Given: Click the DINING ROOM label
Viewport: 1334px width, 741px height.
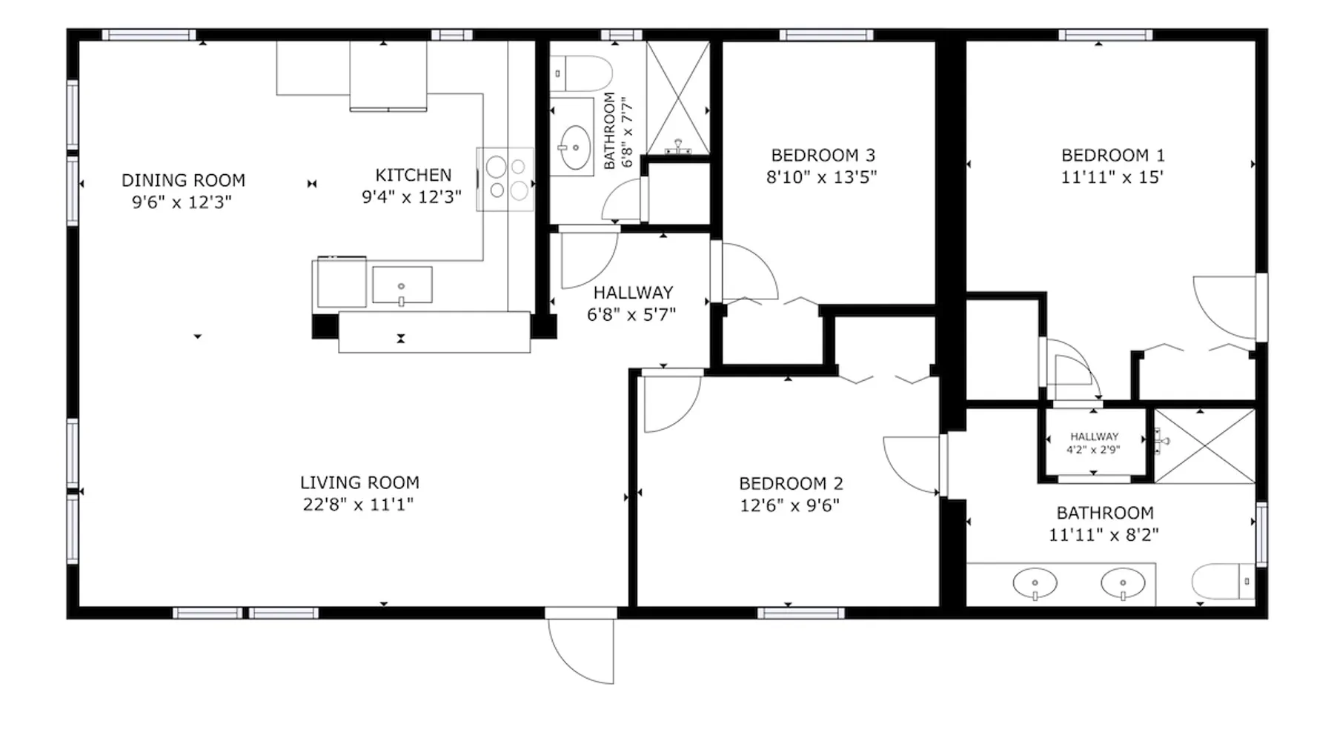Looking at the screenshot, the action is point(183,180).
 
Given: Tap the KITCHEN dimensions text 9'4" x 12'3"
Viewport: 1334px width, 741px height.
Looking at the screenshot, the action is point(411,197).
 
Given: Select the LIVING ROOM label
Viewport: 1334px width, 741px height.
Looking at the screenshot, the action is point(359,482).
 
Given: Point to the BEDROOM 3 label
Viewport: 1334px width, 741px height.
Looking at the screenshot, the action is point(823,156).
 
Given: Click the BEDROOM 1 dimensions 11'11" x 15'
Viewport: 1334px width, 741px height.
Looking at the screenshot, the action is point(1112,178).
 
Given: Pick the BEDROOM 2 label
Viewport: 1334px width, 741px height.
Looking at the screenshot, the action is point(791,484).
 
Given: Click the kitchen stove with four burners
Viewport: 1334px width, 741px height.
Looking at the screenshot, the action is point(505,179).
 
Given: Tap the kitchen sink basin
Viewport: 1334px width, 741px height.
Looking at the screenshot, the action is point(402,285).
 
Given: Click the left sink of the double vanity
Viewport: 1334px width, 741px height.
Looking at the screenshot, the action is point(1035,583).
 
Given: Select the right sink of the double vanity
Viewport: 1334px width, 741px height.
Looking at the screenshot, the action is point(1123,583).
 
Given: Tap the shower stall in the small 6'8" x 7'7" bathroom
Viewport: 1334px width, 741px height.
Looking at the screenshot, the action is point(677,99).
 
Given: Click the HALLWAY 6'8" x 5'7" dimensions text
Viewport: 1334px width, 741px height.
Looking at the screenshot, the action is point(631,315).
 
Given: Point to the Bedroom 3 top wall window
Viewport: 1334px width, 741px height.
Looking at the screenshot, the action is point(826,35).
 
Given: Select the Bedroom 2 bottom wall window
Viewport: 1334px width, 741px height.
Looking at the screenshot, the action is point(801,613).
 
